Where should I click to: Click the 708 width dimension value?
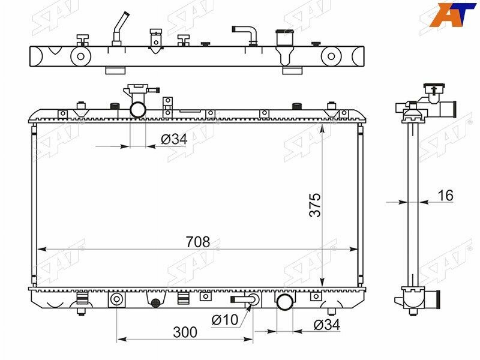(198, 242)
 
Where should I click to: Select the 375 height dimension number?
(315, 205)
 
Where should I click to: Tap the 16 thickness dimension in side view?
(445, 196)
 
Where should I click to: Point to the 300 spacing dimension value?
(185, 332)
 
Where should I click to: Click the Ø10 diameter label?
(224, 320)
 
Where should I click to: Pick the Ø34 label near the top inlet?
(174, 140)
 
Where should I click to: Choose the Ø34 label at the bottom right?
(327, 325)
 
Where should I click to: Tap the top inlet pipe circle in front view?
(138, 109)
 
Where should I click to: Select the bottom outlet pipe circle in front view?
(284, 302)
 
